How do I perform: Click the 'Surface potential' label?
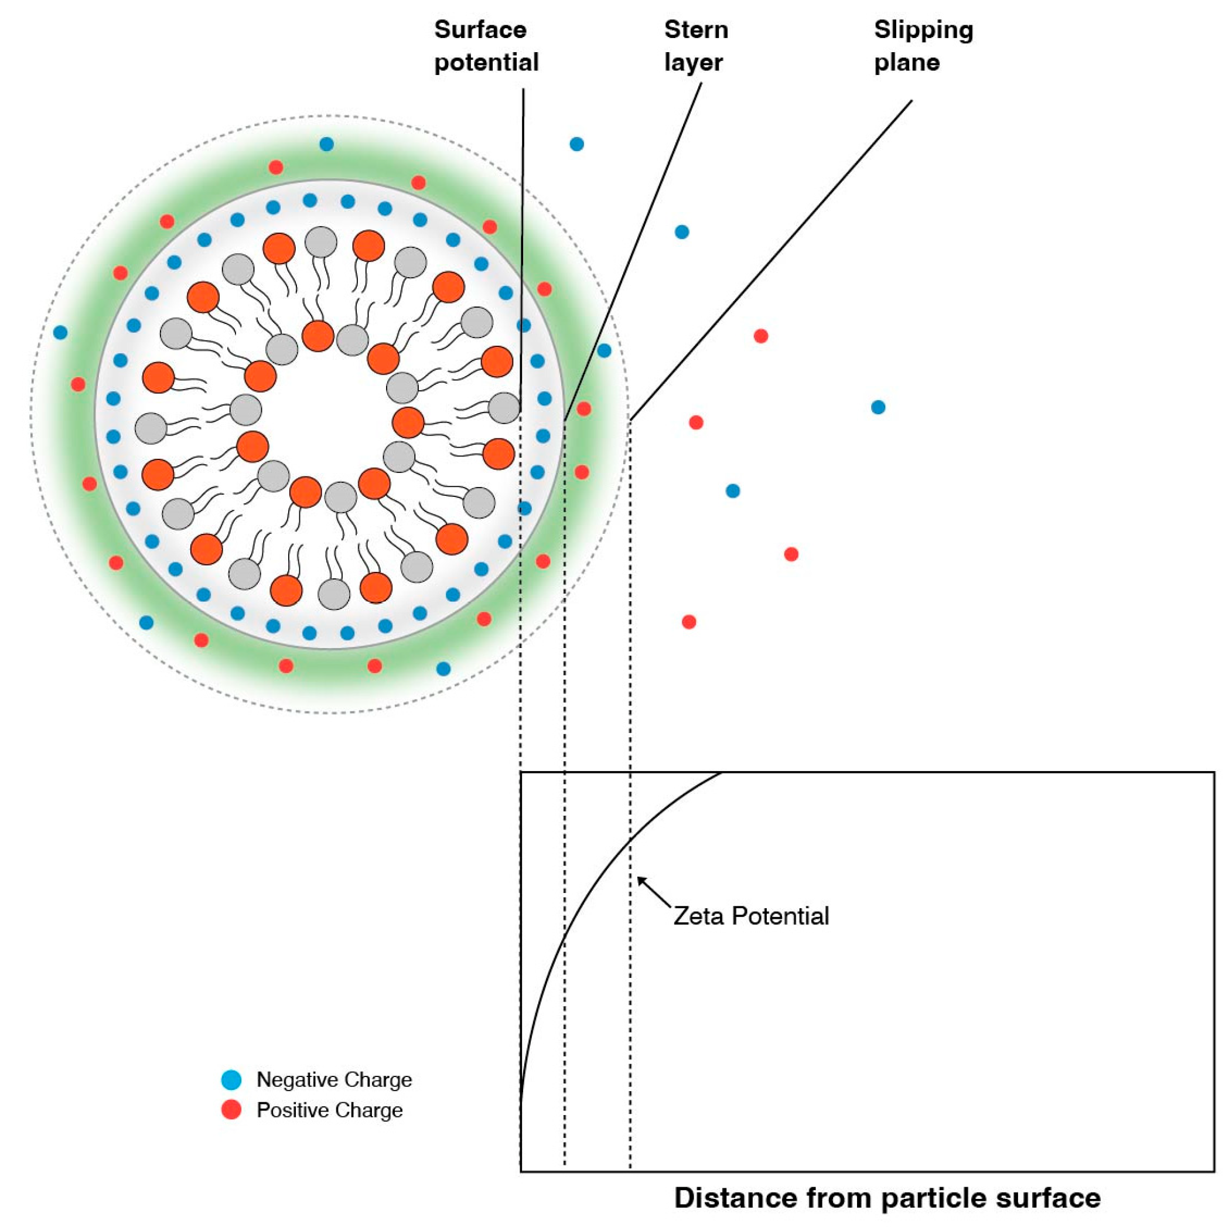(486, 46)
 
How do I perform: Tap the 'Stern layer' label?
(695, 46)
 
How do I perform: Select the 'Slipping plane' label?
(923, 46)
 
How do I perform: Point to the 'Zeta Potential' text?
(750, 916)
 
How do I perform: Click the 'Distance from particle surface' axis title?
(887, 1197)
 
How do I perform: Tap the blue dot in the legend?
(231, 1079)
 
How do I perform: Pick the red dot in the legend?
(231, 1110)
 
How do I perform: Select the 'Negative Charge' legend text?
(334, 1079)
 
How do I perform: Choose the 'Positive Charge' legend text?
(330, 1110)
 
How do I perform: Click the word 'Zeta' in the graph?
(699, 916)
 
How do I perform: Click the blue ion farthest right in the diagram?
(878, 407)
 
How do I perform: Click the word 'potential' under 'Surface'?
(486, 62)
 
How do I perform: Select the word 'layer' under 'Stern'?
(693, 62)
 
